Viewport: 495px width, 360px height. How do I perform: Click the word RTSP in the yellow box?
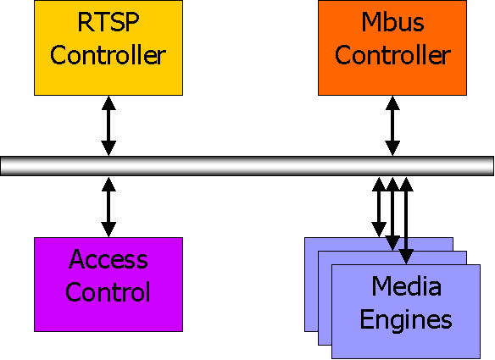(108, 22)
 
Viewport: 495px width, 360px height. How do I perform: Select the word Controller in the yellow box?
(108, 55)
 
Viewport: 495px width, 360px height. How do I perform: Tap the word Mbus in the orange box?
(392, 22)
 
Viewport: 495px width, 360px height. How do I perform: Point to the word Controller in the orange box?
(392, 55)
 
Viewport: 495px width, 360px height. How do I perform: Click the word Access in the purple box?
(108, 259)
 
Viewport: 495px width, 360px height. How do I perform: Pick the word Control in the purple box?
(108, 291)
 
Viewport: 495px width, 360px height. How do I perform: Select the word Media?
(406, 285)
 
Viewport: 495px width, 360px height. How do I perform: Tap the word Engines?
(406, 320)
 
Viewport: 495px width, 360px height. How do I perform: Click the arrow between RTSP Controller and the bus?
(108, 125)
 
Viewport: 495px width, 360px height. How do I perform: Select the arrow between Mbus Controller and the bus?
(392, 125)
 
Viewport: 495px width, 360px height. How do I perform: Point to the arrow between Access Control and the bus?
(108, 207)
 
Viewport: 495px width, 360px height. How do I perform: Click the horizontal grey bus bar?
(247, 166)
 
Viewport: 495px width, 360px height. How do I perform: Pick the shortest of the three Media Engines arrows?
(379, 207)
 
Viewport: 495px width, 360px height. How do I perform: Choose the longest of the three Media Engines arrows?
(406, 220)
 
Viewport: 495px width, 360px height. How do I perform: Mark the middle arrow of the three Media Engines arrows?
(392, 213)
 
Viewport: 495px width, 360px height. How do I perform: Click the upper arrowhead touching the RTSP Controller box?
(108, 103)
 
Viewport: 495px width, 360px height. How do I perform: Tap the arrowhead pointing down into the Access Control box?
(108, 230)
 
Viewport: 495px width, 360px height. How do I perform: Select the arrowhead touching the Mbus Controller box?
(392, 103)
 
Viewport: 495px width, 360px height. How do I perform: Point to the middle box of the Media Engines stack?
(325, 300)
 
